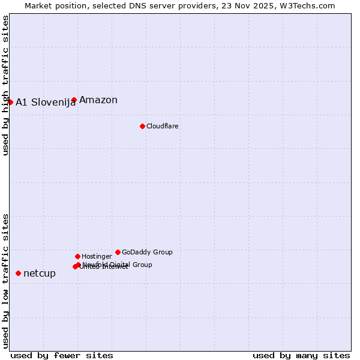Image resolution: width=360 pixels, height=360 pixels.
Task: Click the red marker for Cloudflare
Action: coord(142,126)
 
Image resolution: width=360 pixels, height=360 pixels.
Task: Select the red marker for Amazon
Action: coord(74,100)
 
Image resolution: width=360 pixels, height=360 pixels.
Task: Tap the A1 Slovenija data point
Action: coord(10,102)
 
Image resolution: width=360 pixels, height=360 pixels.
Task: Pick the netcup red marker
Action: coord(18,273)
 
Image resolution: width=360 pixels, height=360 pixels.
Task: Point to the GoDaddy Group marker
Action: coord(118,252)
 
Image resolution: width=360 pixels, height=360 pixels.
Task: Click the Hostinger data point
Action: coord(77,256)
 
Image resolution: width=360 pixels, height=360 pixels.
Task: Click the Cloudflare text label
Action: coord(162,126)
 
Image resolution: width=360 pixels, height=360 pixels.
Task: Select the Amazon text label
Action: coord(98,100)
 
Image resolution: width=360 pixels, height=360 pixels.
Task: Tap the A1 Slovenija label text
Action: coord(46,102)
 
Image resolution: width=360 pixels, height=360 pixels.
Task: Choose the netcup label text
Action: coord(40,274)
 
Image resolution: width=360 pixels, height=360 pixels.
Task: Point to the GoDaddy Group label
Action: coord(147,252)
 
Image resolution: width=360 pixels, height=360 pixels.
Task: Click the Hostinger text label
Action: coord(97,256)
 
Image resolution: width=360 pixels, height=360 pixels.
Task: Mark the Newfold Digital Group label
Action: coord(118,264)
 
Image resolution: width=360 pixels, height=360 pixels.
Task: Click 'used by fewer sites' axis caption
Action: coord(62,355)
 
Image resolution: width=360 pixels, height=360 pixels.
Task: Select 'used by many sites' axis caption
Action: coord(301,355)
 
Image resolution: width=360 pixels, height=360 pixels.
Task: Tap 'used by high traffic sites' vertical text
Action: coord(5,85)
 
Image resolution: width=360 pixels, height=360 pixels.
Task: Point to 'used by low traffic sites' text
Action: coord(5,280)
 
